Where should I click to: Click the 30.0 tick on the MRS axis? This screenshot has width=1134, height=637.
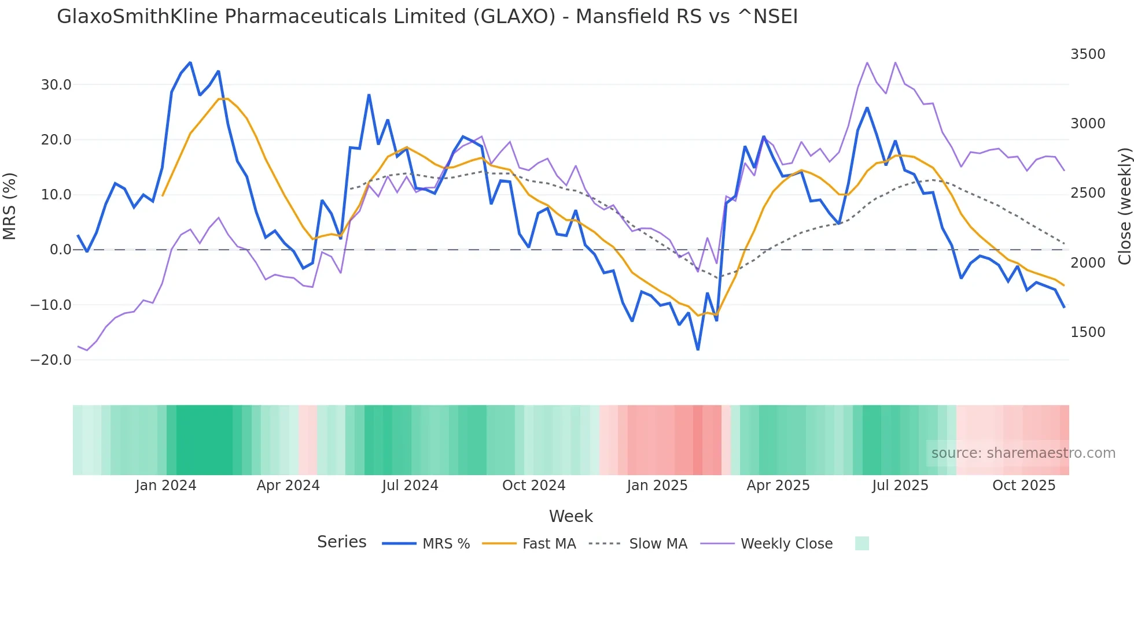coord(56,85)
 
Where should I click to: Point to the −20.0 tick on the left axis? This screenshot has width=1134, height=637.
coord(51,360)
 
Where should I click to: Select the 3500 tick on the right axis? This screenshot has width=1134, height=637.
coord(1088,54)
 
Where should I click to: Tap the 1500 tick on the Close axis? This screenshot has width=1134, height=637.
coord(1088,332)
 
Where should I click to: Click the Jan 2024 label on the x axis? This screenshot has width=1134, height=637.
coord(165,486)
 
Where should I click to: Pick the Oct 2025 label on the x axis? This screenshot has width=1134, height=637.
coord(1023,486)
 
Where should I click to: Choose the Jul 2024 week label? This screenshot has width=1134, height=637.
coord(410,486)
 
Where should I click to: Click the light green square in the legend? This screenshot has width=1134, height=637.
coord(861,543)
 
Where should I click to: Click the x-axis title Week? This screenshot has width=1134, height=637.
coord(570,516)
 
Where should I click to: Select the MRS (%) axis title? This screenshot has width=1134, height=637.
coord(10,206)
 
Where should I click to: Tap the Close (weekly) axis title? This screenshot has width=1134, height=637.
coord(1124,206)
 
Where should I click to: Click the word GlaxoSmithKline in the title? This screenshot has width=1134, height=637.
coord(138,17)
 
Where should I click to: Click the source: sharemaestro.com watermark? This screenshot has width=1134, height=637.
coord(1023,453)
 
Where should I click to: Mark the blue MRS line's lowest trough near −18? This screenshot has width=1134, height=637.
coord(698,349)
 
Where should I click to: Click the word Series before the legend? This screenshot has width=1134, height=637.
coord(341,542)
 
